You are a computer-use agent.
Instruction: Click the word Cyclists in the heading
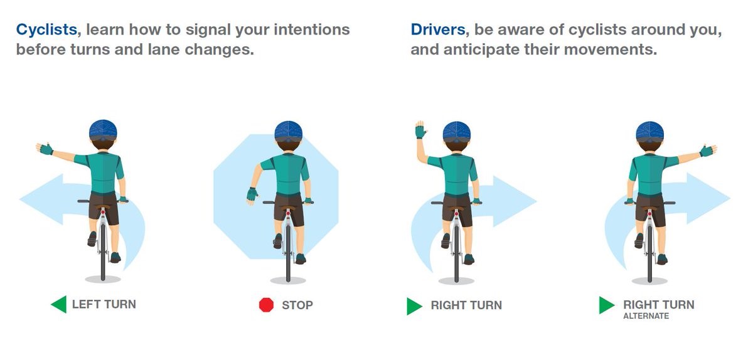click(48, 29)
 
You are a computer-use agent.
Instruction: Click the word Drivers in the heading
click(440, 29)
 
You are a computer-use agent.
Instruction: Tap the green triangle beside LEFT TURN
click(58, 305)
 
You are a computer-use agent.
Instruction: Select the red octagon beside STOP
click(267, 305)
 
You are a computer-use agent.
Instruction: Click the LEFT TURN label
click(104, 305)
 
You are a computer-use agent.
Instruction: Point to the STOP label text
click(297, 305)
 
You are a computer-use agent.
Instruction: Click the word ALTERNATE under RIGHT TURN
click(646, 316)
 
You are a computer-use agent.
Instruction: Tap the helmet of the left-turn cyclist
click(103, 130)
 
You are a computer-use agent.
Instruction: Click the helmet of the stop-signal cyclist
click(288, 130)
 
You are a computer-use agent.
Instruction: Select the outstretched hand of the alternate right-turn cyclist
click(707, 151)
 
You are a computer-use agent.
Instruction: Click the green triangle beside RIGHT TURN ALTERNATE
click(606, 305)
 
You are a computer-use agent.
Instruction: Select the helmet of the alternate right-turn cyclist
click(649, 130)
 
